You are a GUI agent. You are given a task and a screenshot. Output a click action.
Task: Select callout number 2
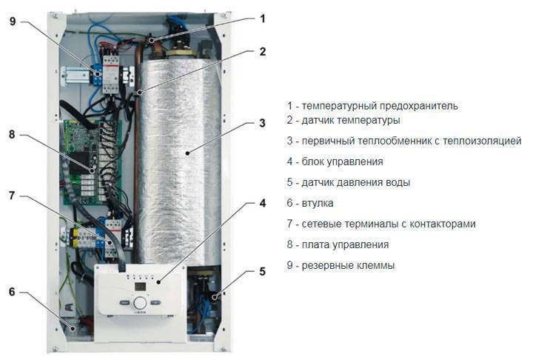click(262, 52)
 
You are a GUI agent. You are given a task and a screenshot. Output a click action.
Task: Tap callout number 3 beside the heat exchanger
click(262, 123)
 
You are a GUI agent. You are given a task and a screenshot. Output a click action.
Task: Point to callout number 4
click(262, 202)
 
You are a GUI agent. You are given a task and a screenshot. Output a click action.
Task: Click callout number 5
click(262, 272)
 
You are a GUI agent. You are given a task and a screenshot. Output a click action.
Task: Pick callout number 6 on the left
click(11, 292)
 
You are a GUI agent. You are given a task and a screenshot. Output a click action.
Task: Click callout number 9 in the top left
click(11, 21)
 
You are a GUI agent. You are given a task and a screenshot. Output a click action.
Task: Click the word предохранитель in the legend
click(419, 105)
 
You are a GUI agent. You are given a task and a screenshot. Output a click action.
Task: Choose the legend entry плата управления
click(338, 244)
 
